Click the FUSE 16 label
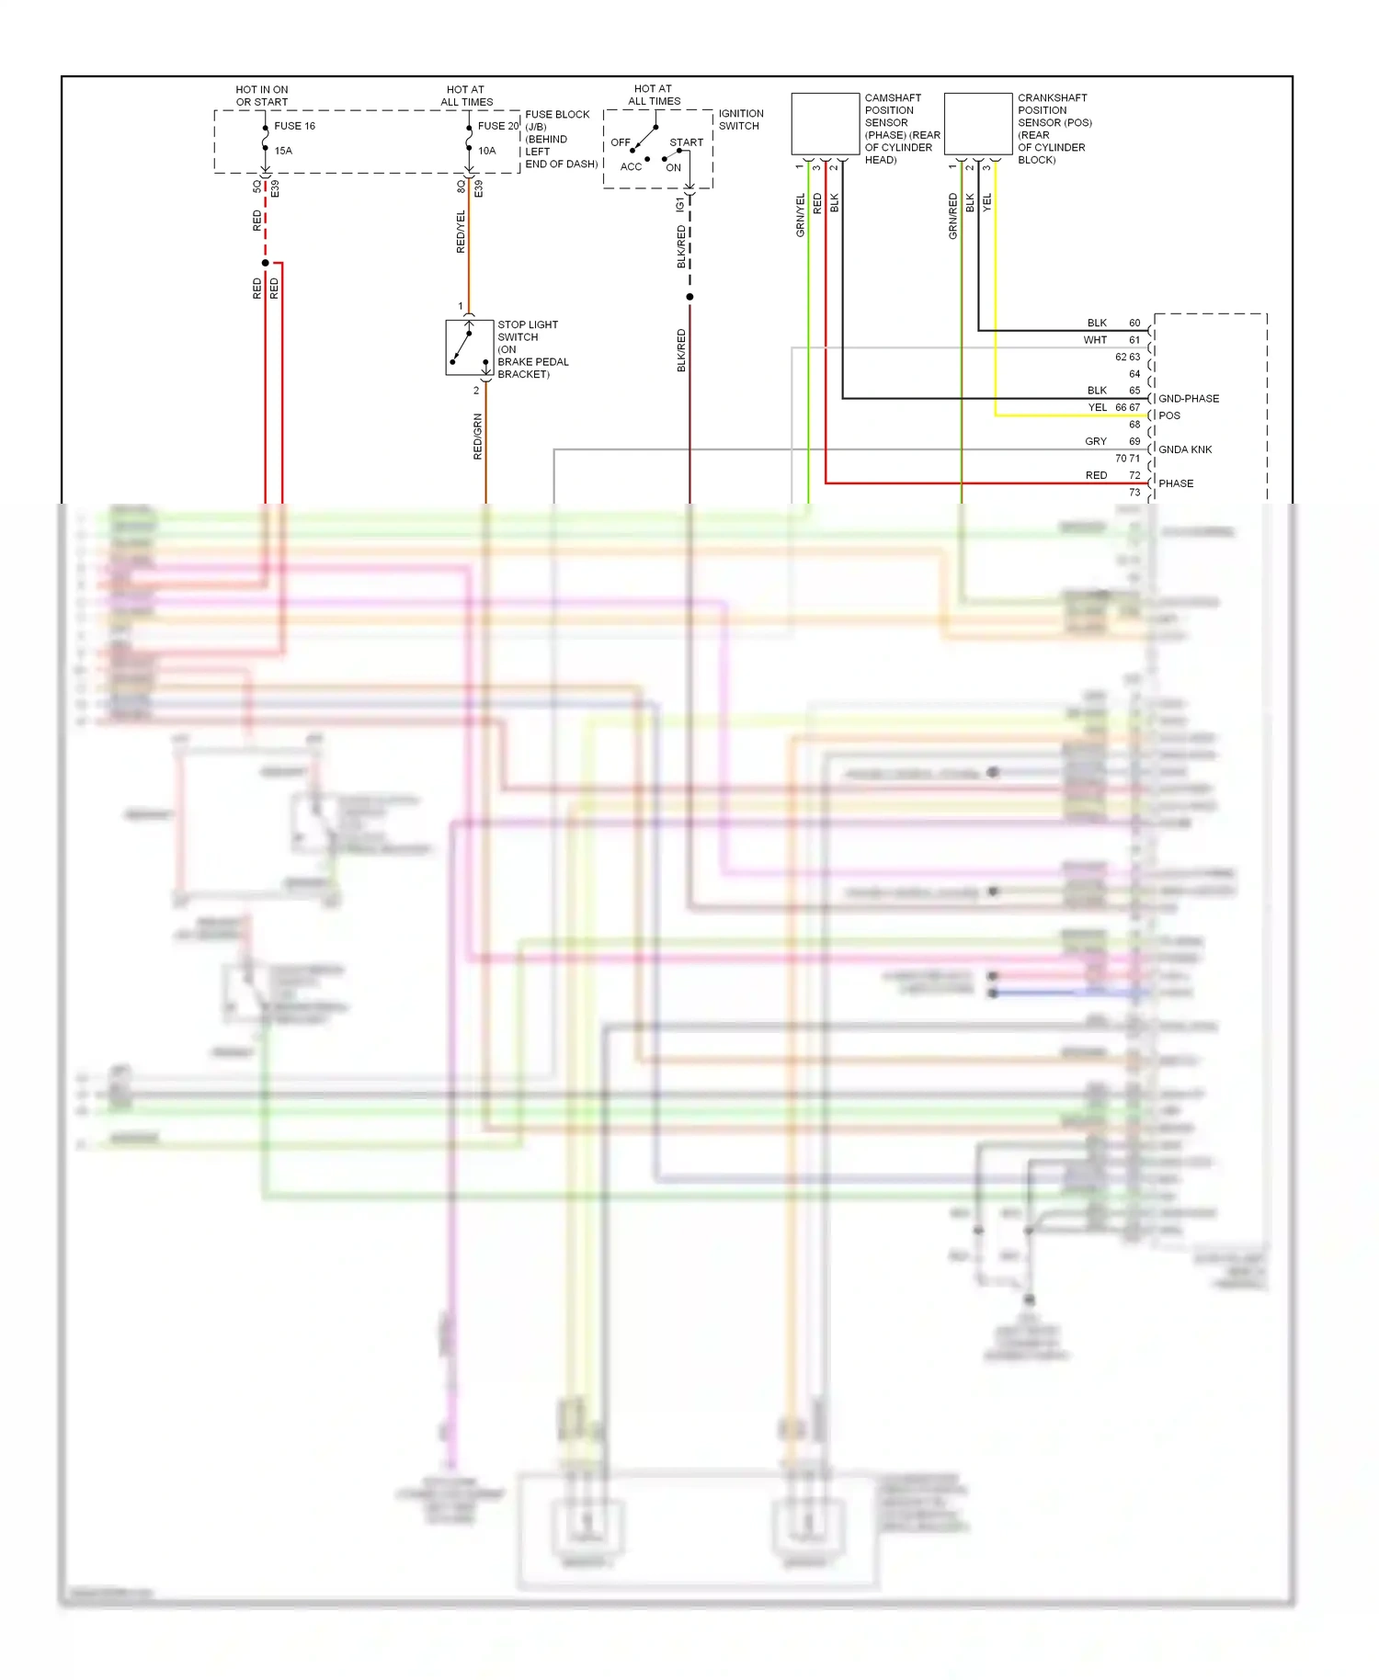pyautogui.click(x=294, y=126)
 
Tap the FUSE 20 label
pyautogui.click(x=497, y=126)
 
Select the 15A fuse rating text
pyautogui.click(x=283, y=151)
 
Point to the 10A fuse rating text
pyautogui.click(x=486, y=151)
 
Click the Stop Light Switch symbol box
pyautogui.click(x=470, y=347)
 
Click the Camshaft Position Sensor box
pyautogui.click(x=825, y=124)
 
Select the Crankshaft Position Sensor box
pyautogui.click(x=978, y=124)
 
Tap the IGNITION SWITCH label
pyautogui.click(x=740, y=119)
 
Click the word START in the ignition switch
pyautogui.click(x=686, y=142)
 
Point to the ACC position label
pyautogui.click(x=631, y=167)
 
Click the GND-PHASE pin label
pyautogui.click(x=1188, y=399)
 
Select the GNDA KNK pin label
pyautogui.click(x=1185, y=449)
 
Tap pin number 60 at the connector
pyautogui.click(x=1134, y=324)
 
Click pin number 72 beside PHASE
pyautogui.click(x=1134, y=475)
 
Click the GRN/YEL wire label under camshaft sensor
pyautogui.click(x=800, y=216)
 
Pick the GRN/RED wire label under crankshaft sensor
pyautogui.click(x=952, y=216)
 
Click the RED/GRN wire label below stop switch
pyautogui.click(x=477, y=437)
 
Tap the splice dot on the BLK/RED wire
pyautogui.click(x=689, y=297)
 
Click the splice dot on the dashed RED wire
pyautogui.click(x=266, y=263)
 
